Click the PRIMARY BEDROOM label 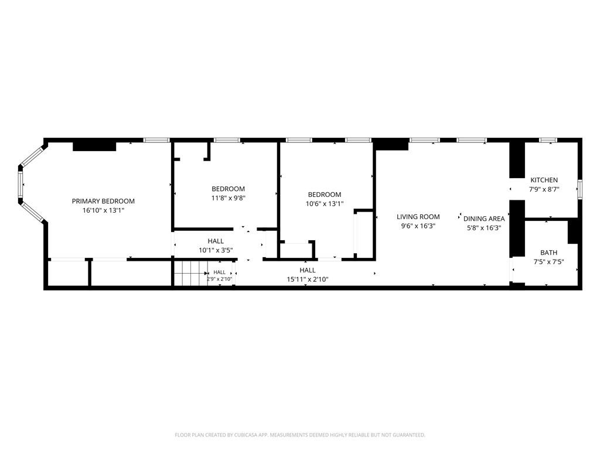click(103, 201)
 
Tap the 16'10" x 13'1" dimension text click(103, 210)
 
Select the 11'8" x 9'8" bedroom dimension click(228, 198)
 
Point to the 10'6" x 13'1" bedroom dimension click(325, 204)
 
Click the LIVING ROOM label click(418, 217)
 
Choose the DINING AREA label click(484, 219)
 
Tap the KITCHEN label click(544, 180)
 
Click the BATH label click(548, 253)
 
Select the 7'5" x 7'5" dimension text click(548, 262)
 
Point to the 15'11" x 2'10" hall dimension click(308, 279)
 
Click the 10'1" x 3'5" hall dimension click(216, 250)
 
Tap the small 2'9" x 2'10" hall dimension click(220, 279)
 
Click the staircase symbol click(190, 273)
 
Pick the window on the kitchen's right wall click(579, 189)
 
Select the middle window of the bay click(21, 185)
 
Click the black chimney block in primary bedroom click(94, 146)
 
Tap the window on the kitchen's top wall click(548, 140)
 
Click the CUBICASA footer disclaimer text click(300, 435)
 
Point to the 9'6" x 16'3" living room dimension click(418, 226)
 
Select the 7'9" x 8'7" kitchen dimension click(544, 189)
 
